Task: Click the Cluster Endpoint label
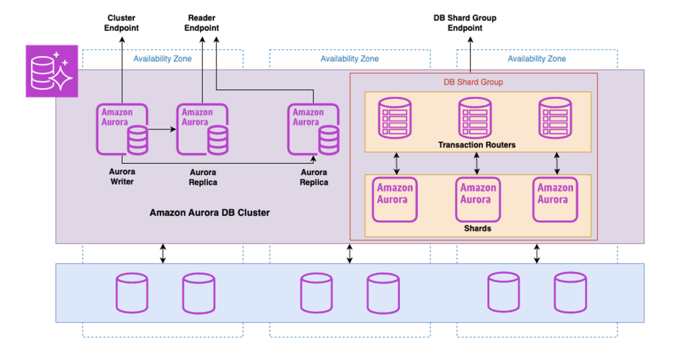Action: [x=122, y=23]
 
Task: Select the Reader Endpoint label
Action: [x=201, y=23]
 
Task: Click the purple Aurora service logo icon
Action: [x=51, y=71]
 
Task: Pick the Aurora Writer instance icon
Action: [x=122, y=129]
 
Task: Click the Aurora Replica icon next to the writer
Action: [x=202, y=129]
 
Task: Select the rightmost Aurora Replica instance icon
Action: [x=313, y=129]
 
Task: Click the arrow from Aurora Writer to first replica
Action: [x=162, y=130]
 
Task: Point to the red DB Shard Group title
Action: [x=473, y=83]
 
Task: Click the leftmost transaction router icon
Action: [x=394, y=118]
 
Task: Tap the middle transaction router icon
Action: [x=475, y=118]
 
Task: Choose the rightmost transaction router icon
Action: [x=555, y=118]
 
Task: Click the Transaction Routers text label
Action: [x=477, y=145]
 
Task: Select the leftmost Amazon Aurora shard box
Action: [x=395, y=199]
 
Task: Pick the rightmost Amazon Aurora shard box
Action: [x=555, y=199]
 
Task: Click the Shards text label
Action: [x=477, y=229]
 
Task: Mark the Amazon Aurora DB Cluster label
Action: [x=209, y=213]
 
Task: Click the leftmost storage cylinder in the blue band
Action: [x=132, y=293]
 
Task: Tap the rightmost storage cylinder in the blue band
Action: [x=570, y=293]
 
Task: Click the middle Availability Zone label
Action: [x=349, y=59]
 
